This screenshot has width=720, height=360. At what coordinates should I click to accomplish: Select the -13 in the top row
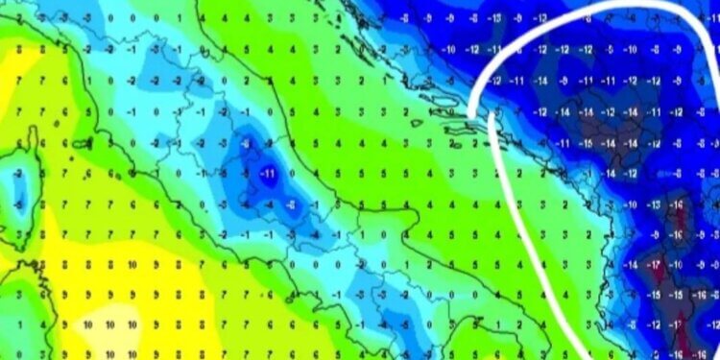pos(492,17)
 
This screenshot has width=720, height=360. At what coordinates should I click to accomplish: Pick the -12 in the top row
pos(540,17)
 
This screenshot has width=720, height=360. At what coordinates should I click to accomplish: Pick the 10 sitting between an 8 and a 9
pos(133,265)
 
